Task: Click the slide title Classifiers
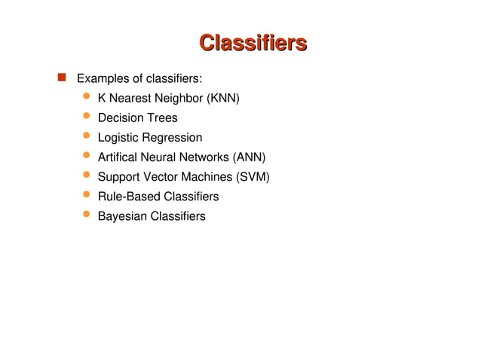[x=253, y=42]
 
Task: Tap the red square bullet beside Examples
[x=60, y=77]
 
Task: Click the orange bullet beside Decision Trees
[x=87, y=116]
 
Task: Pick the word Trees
[x=162, y=118]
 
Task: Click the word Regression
[x=173, y=138]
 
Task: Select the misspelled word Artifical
[x=120, y=157]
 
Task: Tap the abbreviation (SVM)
[x=252, y=177]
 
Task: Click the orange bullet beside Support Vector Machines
[x=87, y=175]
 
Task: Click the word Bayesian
[x=121, y=216]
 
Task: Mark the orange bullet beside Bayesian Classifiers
[x=87, y=214]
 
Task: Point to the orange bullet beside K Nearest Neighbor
[x=87, y=96]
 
